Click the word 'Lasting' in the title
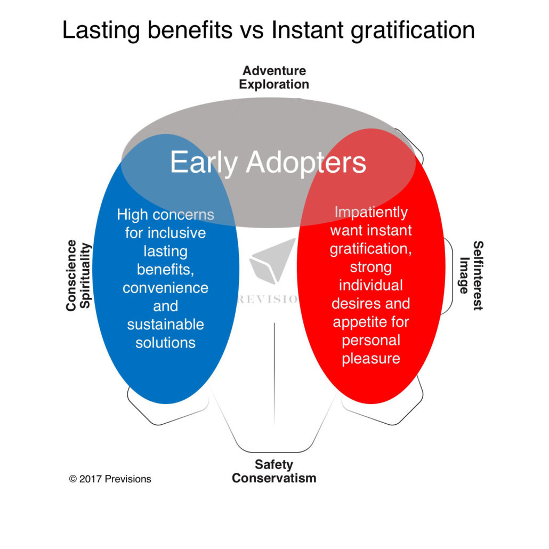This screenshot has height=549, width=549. pyautogui.click(x=101, y=30)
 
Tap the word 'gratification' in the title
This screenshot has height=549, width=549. pyautogui.click(x=413, y=30)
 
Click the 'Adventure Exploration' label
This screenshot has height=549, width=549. pyautogui.click(x=274, y=77)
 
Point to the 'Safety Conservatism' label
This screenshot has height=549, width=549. pyautogui.click(x=274, y=471)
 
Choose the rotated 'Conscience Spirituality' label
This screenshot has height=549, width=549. pyautogui.click(x=78, y=276)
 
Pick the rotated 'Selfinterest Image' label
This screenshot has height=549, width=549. pyautogui.click(x=471, y=276)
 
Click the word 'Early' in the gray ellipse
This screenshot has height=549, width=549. pyautogui.click(x=204, y=163)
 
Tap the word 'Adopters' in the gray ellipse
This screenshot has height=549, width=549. pyautogui.click(x=306, y=163)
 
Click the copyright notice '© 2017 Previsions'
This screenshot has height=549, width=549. pyautogui.click(x=110, y=479)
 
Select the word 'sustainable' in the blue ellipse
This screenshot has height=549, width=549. pyautogui.click(x=166, y=324)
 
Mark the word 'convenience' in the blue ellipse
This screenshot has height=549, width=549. pyautogui.click(x=166, y=288)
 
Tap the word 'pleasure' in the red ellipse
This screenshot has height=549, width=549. pyautogui.click(x=371, y=359)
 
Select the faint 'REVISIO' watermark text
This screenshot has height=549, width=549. pyautogui.click(x=268, y=299)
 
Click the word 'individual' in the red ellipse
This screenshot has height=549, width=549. pyautogui.click(x=371, y=285)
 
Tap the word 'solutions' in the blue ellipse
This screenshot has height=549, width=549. pyautogui.click(x=166, y=342)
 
